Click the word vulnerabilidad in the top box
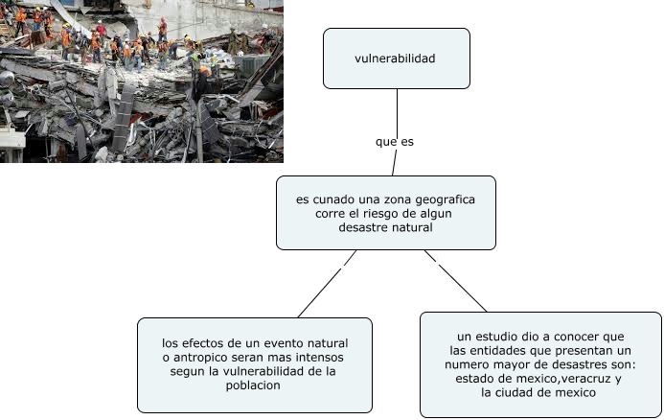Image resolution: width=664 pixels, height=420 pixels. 395,59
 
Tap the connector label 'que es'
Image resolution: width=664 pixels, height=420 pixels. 395,141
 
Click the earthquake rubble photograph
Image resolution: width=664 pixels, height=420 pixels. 142,82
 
